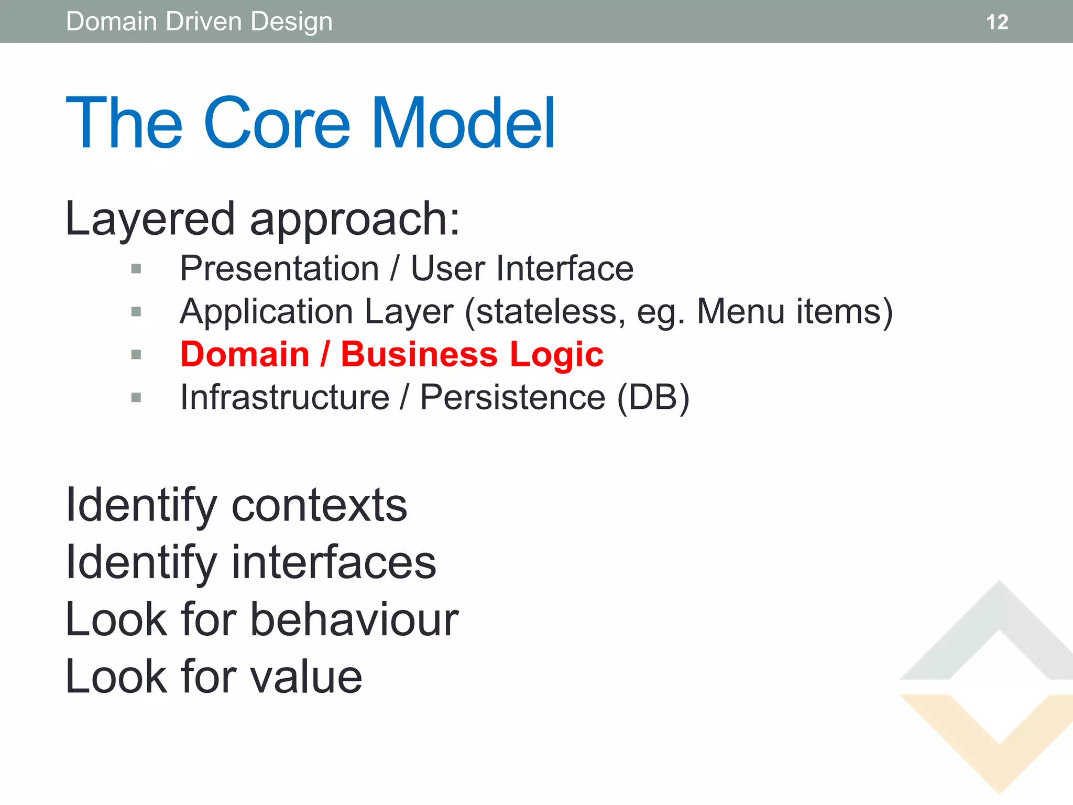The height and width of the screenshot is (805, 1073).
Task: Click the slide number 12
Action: (997, 22)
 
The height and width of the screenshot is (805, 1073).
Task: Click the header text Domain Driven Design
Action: (199, 22)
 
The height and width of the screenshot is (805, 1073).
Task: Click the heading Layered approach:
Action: (262, 219)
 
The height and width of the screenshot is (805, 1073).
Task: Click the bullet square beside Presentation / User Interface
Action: (136, 269)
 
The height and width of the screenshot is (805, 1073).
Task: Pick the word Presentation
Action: (279, 268)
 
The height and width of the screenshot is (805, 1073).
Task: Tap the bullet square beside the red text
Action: (136, 355)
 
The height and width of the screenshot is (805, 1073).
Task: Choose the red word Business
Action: (419, 354)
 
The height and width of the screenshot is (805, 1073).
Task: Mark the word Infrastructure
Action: (284, 397)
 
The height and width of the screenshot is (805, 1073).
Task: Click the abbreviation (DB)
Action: (653, 398)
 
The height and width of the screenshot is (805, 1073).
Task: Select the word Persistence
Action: (512, 397)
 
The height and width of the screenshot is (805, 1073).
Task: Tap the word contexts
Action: (319, 505)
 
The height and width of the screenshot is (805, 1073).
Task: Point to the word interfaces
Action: (334, 562)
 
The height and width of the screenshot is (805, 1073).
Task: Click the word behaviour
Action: (355, 619)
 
